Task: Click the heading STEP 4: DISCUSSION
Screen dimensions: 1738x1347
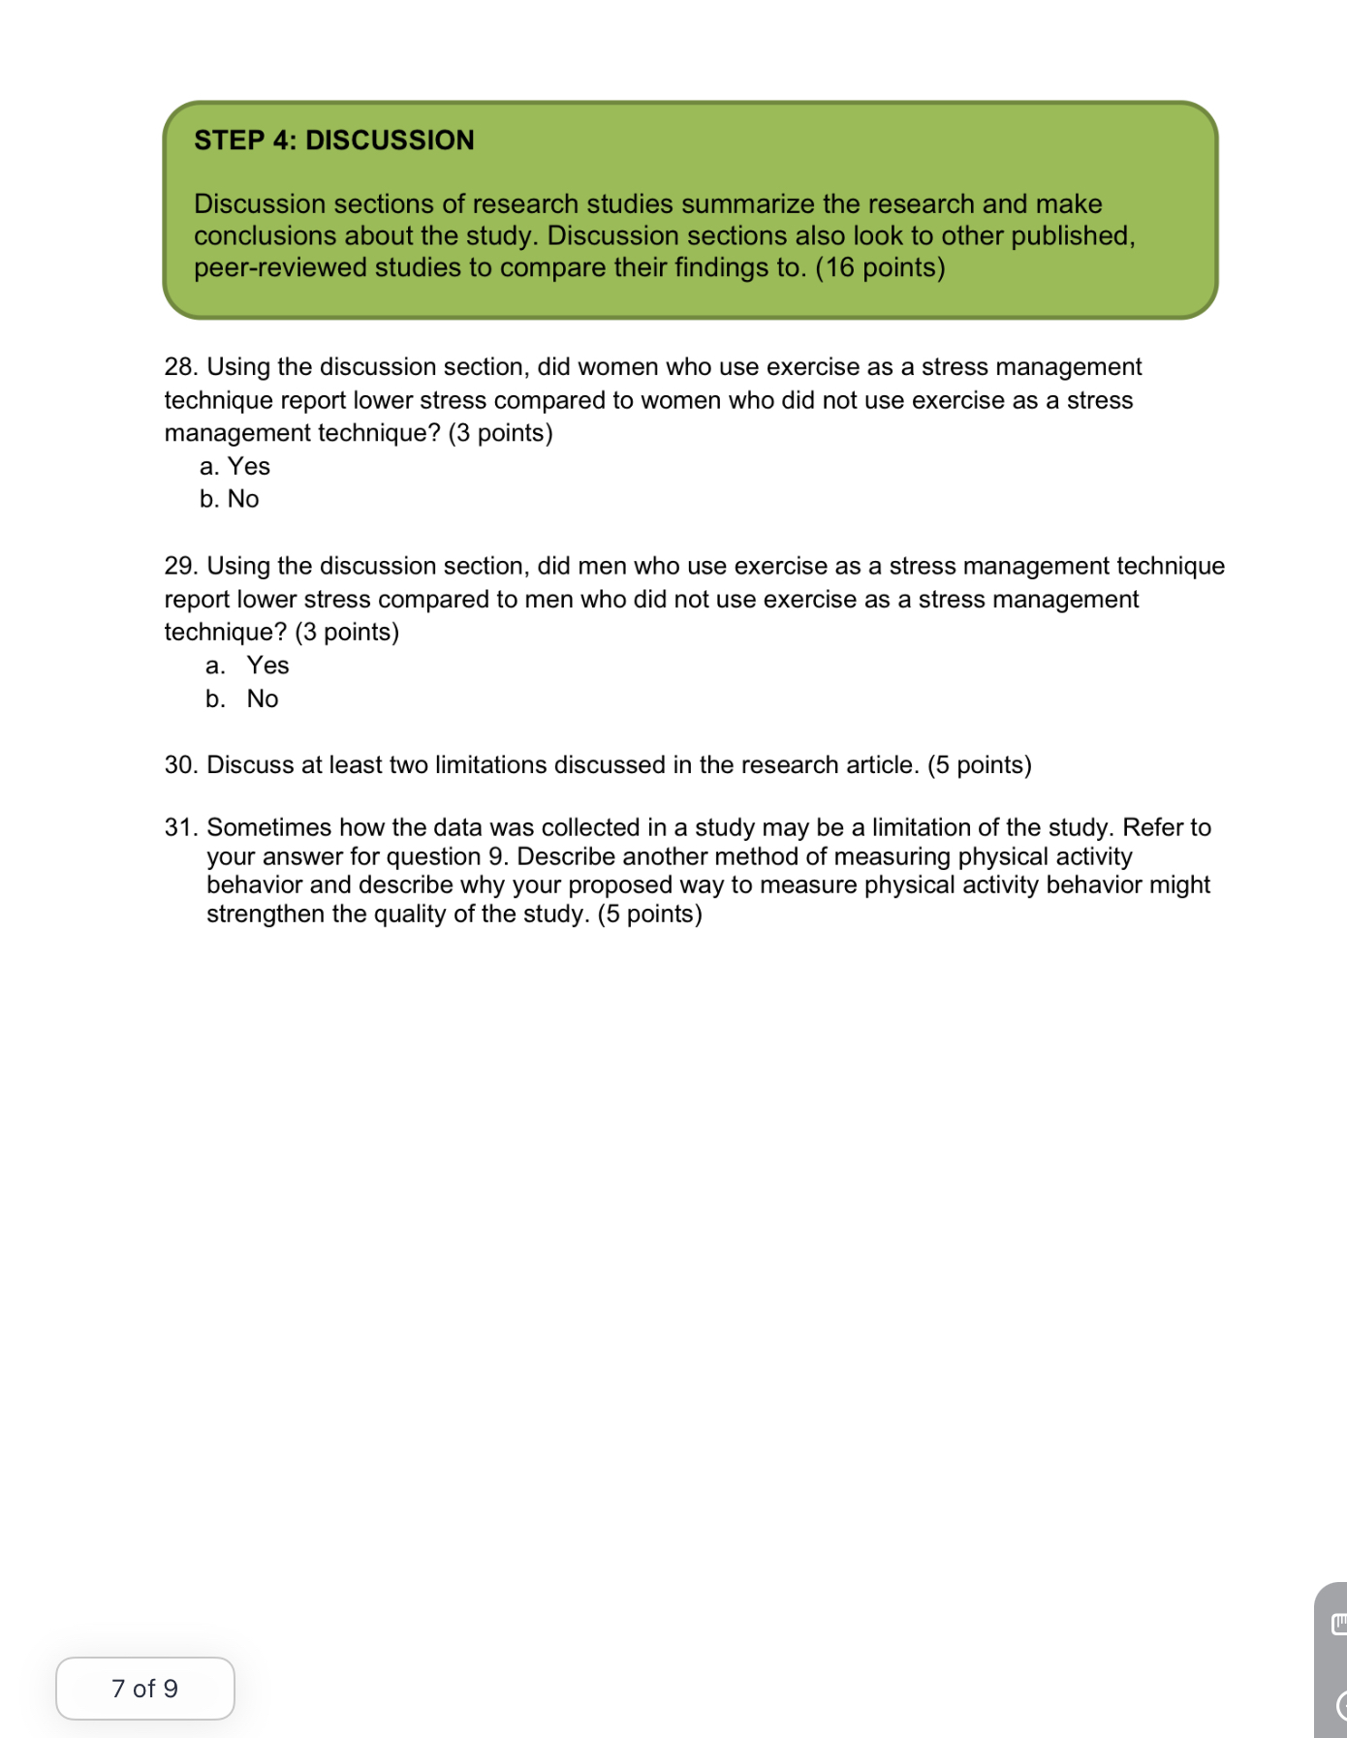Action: [333, 140]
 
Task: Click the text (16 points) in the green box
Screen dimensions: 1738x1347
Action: [880, 267]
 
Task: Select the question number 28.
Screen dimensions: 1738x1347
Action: [180, 367]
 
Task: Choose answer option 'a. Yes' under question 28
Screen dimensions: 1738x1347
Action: [235, 467]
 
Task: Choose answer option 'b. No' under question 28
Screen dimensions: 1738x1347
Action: [230, 499]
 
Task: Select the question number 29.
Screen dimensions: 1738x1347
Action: [180, 566]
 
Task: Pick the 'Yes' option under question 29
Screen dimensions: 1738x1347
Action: [267, 666]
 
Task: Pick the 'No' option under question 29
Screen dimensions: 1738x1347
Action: [262, 699]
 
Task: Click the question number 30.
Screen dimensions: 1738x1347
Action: [180, 765]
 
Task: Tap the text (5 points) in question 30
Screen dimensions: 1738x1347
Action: [979, 765]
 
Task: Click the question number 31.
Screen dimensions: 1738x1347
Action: [180, 827]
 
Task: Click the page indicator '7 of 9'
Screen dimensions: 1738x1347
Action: [144, 1689]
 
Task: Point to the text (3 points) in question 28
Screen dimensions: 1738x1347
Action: [500, 433]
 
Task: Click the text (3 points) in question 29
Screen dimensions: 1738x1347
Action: [347, 633]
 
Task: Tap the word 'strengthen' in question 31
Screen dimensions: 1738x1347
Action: [266, 915]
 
